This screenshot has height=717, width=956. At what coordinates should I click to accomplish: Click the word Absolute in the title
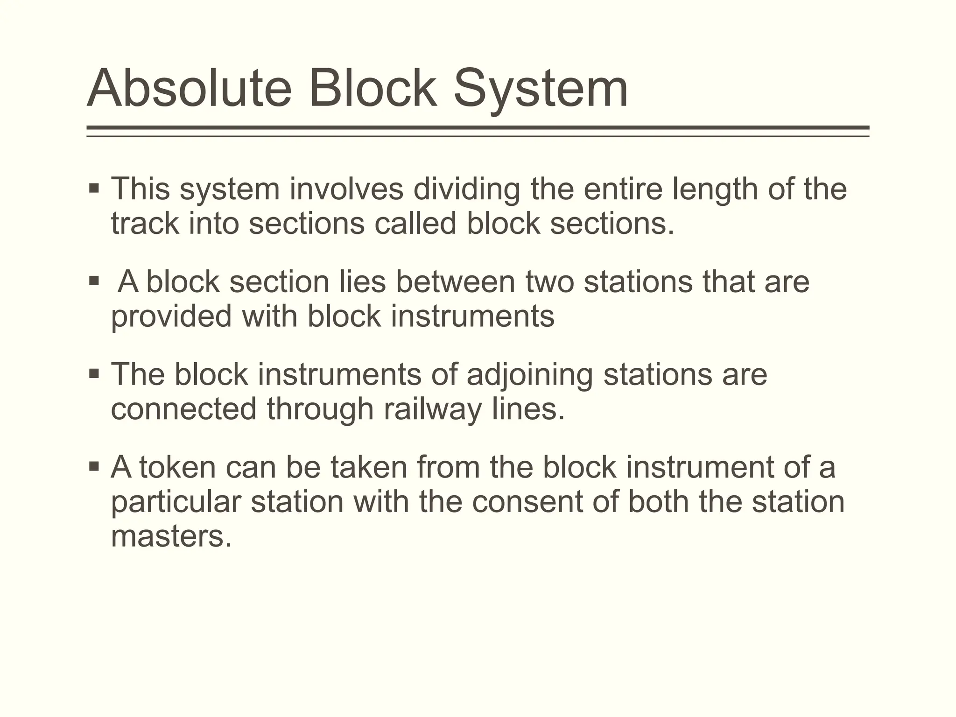[189, 88]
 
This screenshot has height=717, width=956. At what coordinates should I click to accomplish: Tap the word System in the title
[541, 88]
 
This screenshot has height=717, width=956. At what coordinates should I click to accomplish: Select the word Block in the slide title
[373, 88]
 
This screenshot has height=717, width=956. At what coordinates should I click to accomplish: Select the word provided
[171, 316]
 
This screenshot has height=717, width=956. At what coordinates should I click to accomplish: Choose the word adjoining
[530, 375]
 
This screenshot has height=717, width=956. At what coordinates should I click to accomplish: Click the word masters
[171, 536]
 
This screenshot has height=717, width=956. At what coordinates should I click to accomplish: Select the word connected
[183, 409]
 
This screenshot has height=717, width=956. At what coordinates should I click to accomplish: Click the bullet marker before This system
[94, 189]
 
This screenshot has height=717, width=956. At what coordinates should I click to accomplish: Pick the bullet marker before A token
[94, 466]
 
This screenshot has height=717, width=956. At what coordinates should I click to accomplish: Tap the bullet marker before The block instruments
[94, 374]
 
